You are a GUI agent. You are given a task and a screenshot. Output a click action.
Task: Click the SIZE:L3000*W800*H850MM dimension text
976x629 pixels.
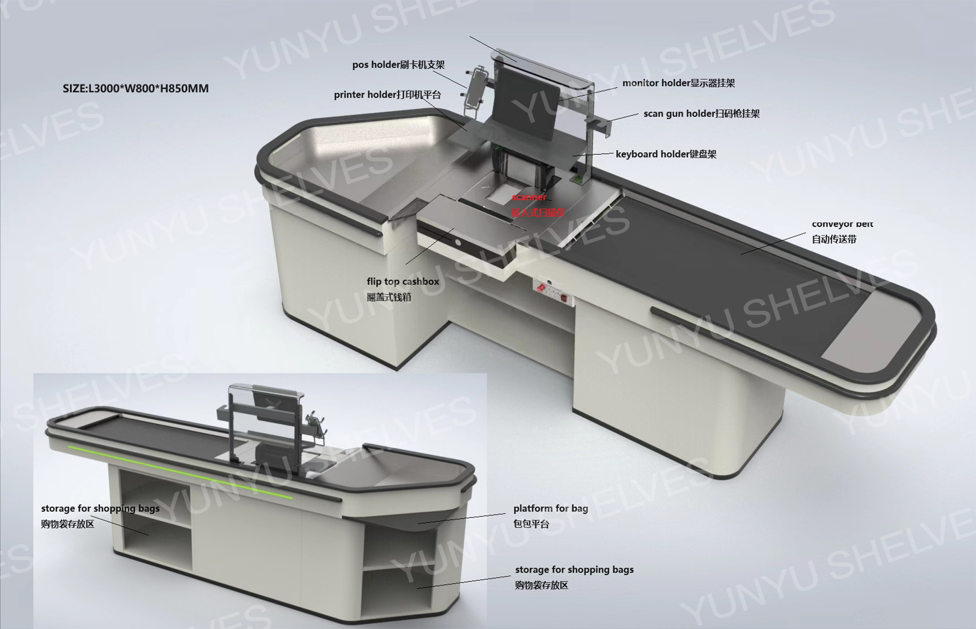(136, 89)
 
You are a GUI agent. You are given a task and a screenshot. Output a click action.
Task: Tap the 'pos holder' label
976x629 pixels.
(398, 65)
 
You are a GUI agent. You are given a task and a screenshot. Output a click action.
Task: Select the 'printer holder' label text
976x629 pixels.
(387, 95)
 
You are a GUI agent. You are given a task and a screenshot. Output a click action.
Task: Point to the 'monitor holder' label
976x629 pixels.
(678, 83)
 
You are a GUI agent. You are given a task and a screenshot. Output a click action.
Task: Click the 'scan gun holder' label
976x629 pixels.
(701, 114)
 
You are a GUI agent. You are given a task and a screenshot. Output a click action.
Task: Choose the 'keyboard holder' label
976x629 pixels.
(665, 154)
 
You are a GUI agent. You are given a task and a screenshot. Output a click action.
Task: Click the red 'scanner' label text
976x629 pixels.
(529, 197)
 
